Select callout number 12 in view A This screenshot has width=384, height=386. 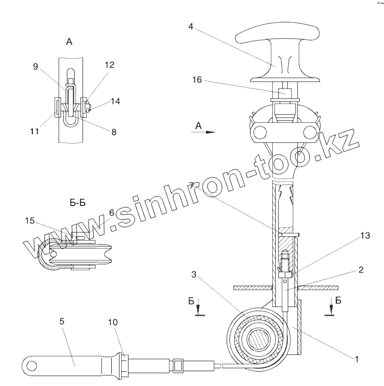point(109,65)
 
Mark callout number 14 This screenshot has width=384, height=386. point(115,101)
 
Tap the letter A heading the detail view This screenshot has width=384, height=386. point(68,42)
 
